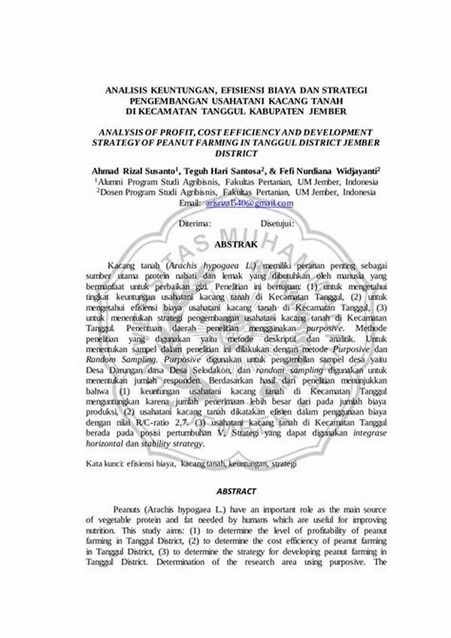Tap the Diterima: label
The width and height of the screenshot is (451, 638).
(x=195, y=223)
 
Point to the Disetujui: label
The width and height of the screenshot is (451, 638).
(x=277, y=223)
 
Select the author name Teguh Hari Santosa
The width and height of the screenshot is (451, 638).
(x=223, y=171)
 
